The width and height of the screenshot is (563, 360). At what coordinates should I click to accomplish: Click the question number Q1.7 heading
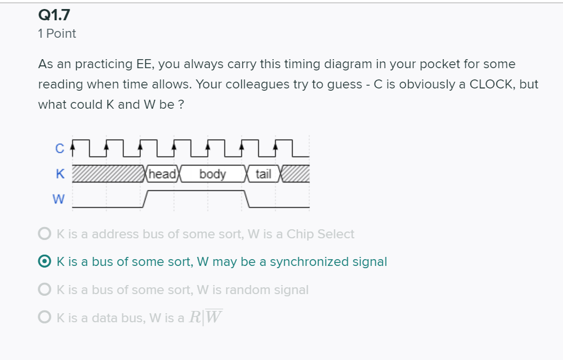54,15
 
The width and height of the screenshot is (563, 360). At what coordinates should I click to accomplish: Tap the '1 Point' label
57,33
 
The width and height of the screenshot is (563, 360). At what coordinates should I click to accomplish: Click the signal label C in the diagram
60,148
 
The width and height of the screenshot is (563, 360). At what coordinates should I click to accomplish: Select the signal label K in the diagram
60,174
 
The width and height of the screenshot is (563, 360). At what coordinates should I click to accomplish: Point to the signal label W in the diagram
59,199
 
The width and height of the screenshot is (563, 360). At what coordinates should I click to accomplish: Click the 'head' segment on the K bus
162,174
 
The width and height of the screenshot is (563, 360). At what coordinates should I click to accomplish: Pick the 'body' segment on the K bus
212,174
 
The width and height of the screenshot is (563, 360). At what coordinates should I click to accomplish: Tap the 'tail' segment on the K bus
263,174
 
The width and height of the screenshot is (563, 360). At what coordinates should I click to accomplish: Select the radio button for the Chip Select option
45,234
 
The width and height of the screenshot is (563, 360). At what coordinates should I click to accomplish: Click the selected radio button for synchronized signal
45,261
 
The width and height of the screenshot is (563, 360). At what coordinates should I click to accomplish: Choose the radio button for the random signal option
45,289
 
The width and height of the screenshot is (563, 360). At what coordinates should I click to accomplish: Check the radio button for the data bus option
45,317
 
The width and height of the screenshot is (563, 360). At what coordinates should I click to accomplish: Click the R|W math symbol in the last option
206,317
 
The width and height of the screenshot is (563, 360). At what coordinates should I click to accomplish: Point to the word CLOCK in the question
493,85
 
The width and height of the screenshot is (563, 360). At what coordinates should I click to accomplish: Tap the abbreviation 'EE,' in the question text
145,65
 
